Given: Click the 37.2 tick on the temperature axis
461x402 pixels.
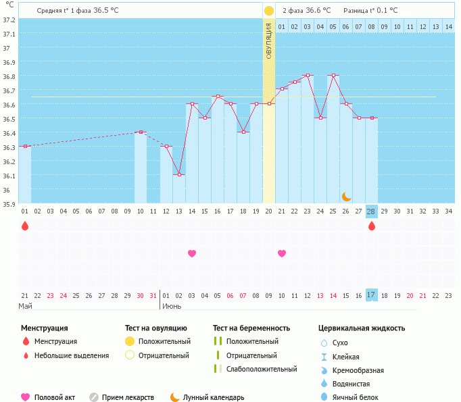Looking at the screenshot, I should [x=9, y=20].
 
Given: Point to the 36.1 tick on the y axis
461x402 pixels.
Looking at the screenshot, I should [x=9, y=176].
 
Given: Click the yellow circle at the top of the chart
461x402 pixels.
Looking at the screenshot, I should [x=269, y=11].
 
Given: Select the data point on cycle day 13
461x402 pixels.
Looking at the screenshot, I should [x=179, y=174].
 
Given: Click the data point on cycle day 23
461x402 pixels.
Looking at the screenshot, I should [x=308, y=75].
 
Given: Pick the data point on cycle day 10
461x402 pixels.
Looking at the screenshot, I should [x=141, y=132].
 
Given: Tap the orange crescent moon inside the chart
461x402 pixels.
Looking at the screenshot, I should [x=346, y=196].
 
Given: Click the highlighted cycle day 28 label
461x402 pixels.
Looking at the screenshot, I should [x=371, y=211].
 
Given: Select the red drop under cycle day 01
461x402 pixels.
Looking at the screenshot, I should [x=25, y=226].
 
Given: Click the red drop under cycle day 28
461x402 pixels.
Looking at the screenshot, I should [x=371, y=226].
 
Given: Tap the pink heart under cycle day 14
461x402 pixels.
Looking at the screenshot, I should [x=192, y=253].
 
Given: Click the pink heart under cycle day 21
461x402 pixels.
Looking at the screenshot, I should [x=282, y=253].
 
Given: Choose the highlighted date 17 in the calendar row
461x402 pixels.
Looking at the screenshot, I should [x=371, y=295].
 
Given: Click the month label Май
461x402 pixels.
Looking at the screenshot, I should [x=25, y=306].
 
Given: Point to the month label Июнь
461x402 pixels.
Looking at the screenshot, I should [x=170, y=306].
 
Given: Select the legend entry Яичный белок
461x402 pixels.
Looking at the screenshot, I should [x=355, y=397].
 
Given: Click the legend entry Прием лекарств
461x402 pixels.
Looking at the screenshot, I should [x=128, y=397].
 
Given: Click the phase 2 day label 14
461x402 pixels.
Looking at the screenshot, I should [x=448, y=26].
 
